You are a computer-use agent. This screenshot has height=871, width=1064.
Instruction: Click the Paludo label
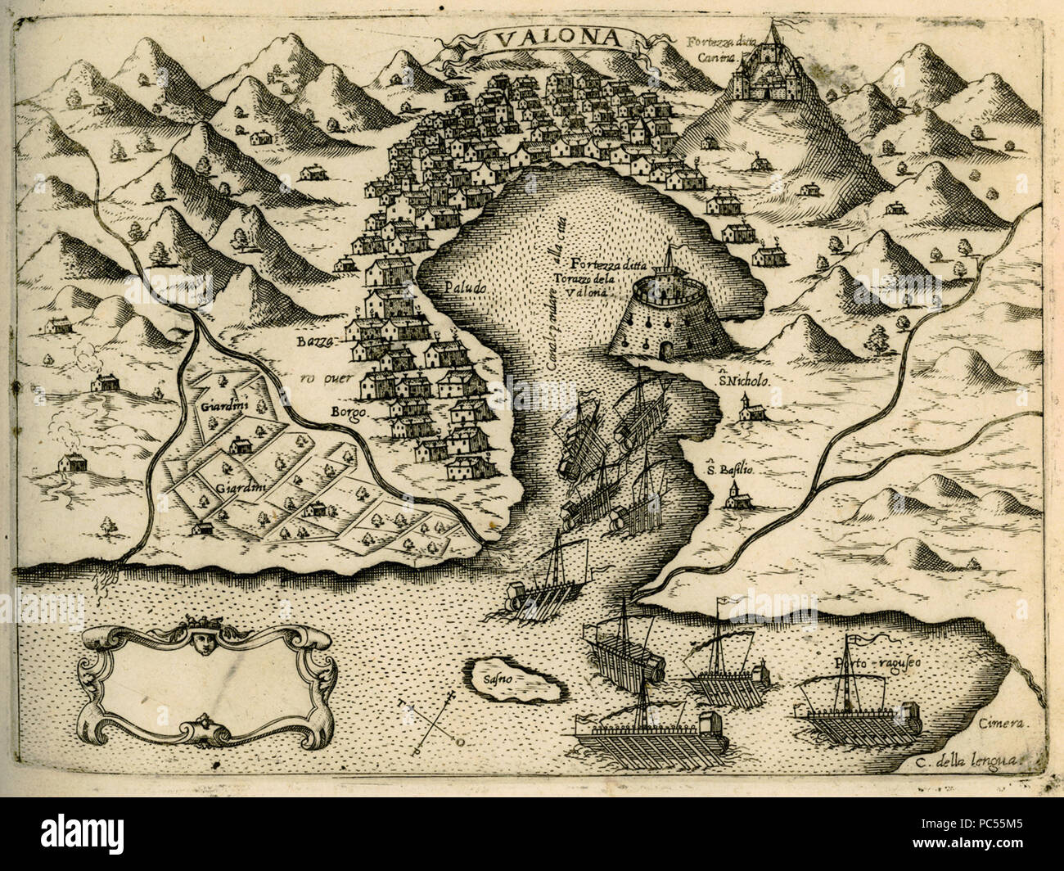[x=466, y=288]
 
